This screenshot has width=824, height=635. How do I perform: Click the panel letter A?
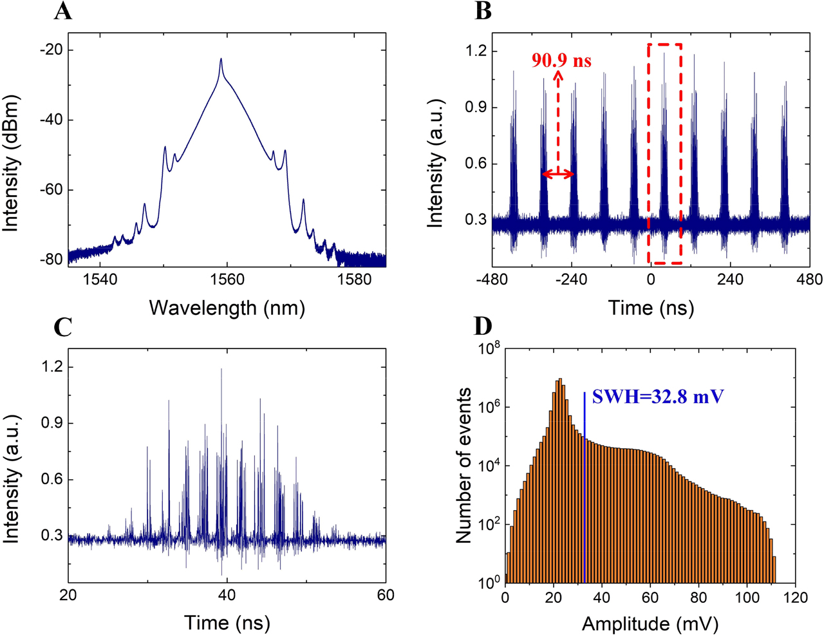click(x=62, y=11)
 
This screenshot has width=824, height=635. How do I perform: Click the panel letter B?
click(x=483, y=11)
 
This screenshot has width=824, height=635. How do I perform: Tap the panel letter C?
click(x=62, y=328)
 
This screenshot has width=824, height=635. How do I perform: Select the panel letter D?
click(x=483, y=327)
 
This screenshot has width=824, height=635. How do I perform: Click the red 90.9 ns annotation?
click(x=561, y=61)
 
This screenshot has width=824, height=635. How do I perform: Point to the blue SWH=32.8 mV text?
click(x=657, y=396)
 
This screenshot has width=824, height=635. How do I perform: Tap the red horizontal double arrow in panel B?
click(x=557, y=175)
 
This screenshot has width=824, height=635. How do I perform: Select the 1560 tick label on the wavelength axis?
click(x=227, y=280)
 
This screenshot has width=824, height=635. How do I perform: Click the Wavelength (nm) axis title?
click(x=227, y=308)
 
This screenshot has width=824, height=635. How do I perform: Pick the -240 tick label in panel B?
click(x=570, y=280)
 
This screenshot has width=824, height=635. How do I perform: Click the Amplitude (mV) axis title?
click(x=650, y=623)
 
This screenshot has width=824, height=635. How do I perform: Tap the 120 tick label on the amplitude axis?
click(x=796, y=598)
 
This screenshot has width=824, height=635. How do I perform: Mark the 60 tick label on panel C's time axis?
click(x=385, y=596)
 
